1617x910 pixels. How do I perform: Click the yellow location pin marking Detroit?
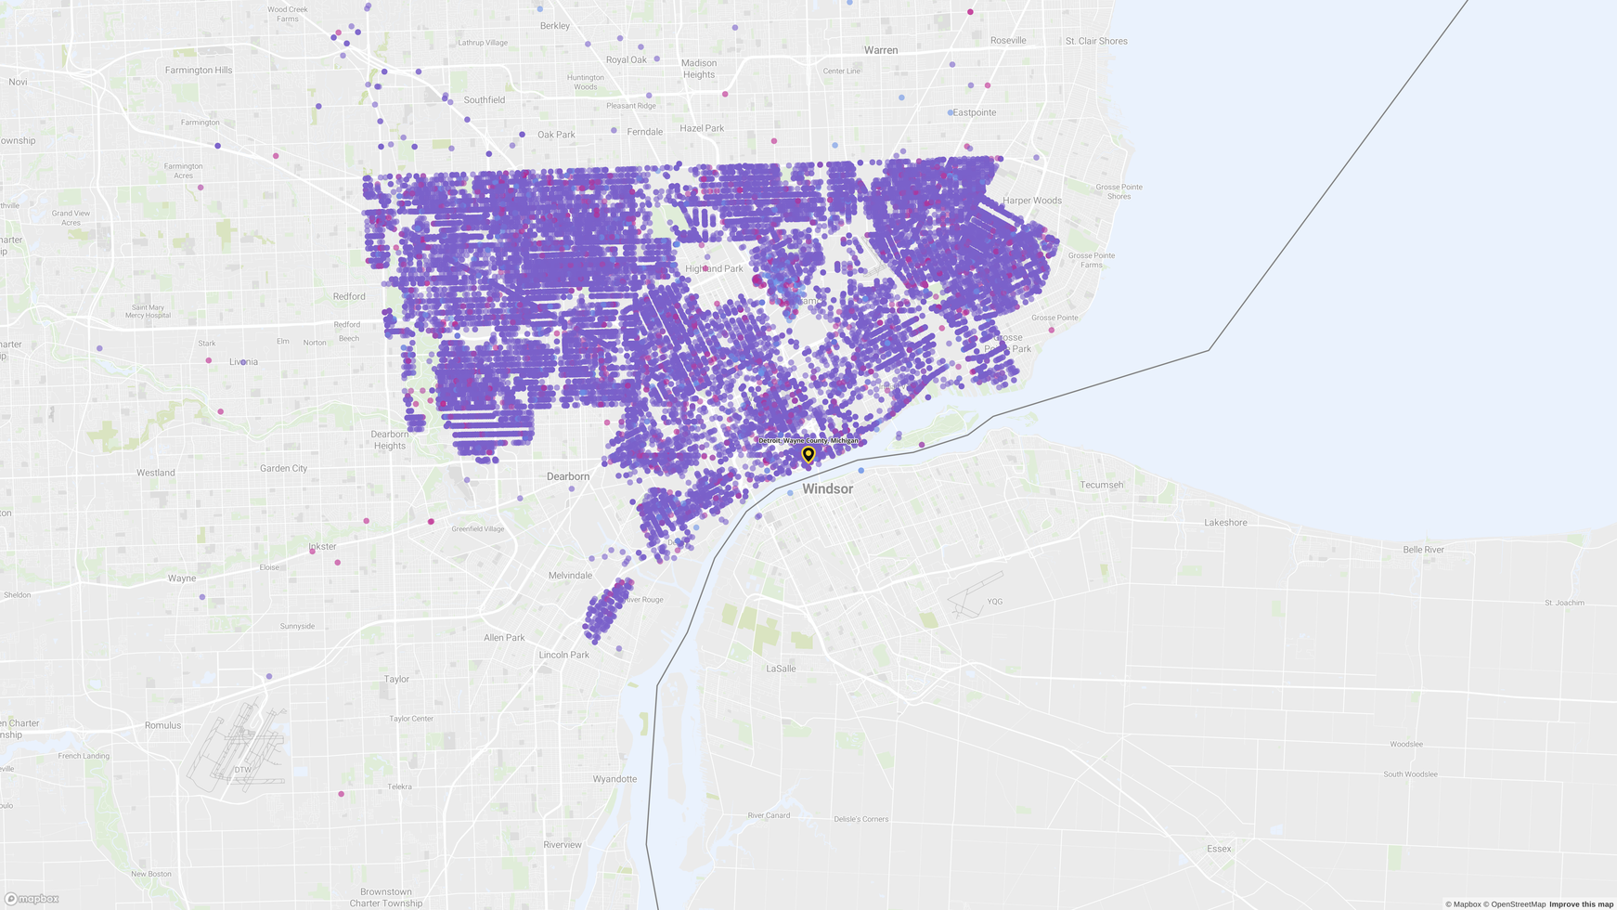808,454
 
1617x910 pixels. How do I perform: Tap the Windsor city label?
827,489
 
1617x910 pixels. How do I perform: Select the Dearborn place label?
568,476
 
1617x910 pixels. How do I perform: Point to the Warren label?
881,50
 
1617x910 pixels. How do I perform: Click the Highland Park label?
714,269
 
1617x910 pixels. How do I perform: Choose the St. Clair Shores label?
1096,41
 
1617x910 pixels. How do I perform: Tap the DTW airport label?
242,770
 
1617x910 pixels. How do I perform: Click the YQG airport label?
995,602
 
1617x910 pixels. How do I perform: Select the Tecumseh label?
1102,485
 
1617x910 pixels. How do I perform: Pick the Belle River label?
1423,550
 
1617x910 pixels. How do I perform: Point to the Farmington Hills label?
199,70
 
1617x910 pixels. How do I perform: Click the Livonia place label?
244,362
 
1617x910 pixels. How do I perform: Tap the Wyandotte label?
614,779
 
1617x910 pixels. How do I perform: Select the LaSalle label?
781,669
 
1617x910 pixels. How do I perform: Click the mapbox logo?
32,899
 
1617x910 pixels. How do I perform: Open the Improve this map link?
1581,904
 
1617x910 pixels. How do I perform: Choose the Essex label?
1219,849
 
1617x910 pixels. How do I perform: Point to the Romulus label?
162,725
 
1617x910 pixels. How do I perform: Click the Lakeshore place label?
1225,523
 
